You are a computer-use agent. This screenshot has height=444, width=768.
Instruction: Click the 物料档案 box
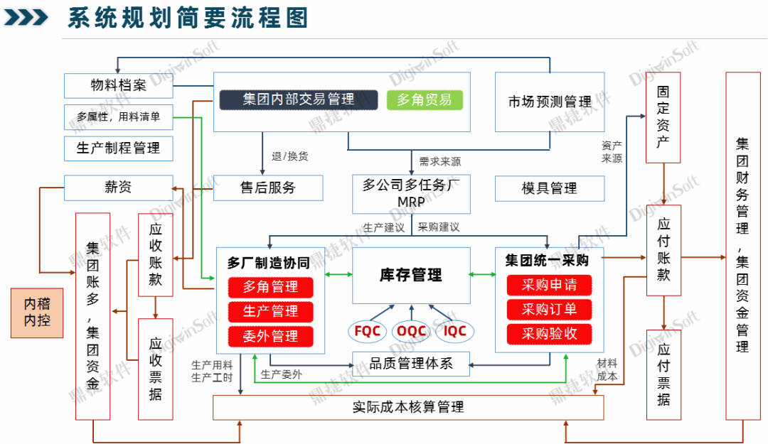pyautogui.click(x=118, y=85)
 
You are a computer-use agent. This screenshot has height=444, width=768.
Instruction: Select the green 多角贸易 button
pyautogui.click(x=425, y=99)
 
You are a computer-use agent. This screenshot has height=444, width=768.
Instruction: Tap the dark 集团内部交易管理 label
pyautogui.click(x=297, y=99)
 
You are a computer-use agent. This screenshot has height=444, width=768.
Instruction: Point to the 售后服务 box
pyautogui.click(x=267, y=188)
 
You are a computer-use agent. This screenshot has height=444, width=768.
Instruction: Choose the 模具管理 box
pyautogui.click(x=549, y=188)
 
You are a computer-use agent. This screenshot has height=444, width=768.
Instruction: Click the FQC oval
pyautogui.click(x=367, y=330)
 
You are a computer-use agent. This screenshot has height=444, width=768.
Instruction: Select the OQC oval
pyautogui.click(x=411, y=330)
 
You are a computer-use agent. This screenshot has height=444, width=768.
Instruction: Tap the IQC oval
pyautogui.click(x=454, y=330)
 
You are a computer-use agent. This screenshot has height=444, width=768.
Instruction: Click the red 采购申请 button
pyautogui.click(x=549, y=285)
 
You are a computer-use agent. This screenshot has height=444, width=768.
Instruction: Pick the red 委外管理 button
pyautogui.click(x=270, y=335)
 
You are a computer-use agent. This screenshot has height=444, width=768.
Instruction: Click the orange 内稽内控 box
pyautogui.click(x=37, y=312)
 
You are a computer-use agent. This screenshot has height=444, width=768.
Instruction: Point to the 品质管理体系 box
pyautogui.click(x=411, y=364)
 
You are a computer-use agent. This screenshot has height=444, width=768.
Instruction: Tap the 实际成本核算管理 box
pyautogui.click(x=408, y=407)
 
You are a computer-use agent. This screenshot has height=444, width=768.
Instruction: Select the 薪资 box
pyautogui.click(x=118, y=188)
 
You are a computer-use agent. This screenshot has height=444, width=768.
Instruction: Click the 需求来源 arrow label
pyautogui.click(x=439, y=161)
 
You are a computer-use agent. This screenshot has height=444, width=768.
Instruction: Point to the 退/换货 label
pyautogui.click(x=289, y=156)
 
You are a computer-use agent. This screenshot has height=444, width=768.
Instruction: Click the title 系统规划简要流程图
pyautogui.click(x=188, y=18)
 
